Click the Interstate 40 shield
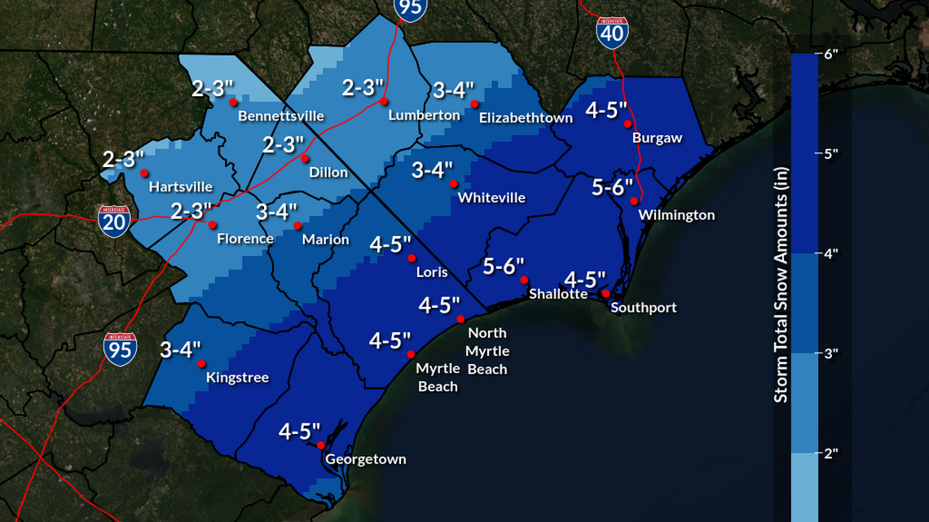pos(612,30)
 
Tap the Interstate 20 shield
pos(114,221)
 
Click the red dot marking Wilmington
pos(634,201)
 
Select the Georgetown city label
pos(365,459)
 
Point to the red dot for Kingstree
pos(201,364)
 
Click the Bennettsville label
pos(280,116)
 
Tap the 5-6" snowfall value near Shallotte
pos(503,266)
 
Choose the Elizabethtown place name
pos(526,118)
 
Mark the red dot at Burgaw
pos(627,124)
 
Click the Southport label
pos(643,308)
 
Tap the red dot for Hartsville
pos(144,173)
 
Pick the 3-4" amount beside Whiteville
pos(432,170)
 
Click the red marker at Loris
pos(412,258)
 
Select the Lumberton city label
pos(424,116)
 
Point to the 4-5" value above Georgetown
pos(299,432)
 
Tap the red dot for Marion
pos(297,226)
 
